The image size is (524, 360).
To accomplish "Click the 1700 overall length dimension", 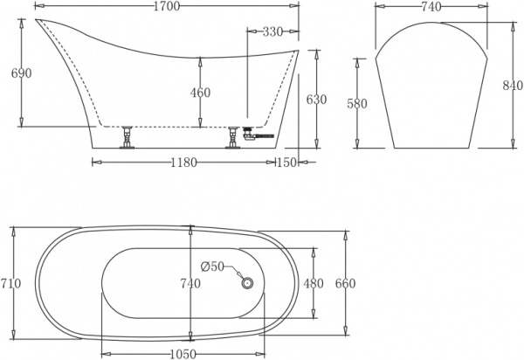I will click(x=167, y=7).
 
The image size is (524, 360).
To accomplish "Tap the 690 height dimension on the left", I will click(x=21, y=73).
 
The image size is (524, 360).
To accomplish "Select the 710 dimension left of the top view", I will click(x=11, y=283).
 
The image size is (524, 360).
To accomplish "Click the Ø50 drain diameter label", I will click(x=213, y=266).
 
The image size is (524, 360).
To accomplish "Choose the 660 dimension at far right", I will click(x=346, y=283).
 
